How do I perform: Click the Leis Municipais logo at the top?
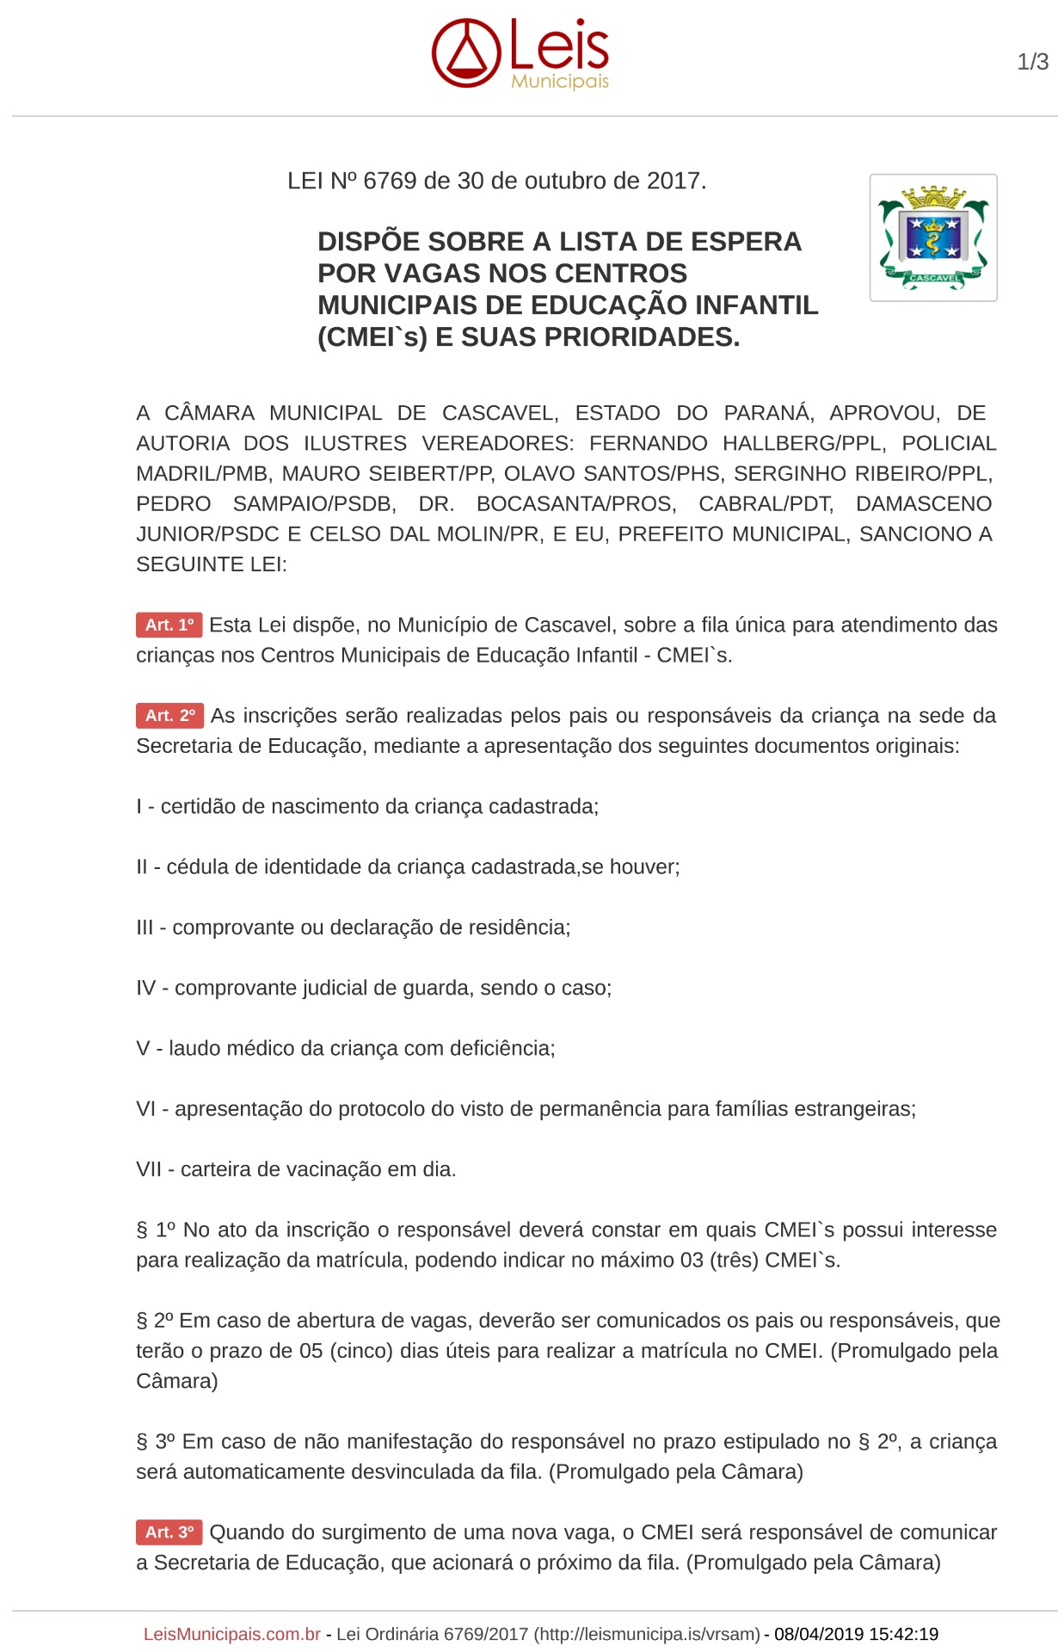(520, 53)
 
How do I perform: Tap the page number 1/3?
(1032, 62)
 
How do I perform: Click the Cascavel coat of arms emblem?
(933, 237)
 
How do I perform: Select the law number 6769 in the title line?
(390, 182)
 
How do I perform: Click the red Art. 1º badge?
(169, 625)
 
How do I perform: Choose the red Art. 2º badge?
(169, 715)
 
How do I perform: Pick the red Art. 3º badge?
(169, 1532)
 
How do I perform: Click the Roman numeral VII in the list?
(149, 1169)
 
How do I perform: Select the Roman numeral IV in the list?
(145, 988)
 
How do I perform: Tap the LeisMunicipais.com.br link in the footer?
(231, 1634)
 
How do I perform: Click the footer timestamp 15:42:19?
(903, 1634)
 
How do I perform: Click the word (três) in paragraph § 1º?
(734, 1261)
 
